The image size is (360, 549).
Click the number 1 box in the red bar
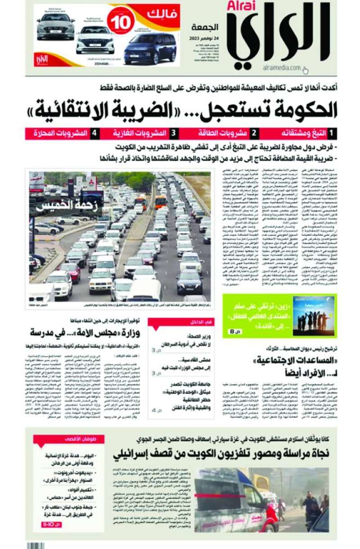331,134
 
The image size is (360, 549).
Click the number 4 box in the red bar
94,134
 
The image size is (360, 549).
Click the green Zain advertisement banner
279,315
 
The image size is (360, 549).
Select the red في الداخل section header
181,322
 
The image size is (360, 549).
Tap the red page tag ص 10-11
51,525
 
